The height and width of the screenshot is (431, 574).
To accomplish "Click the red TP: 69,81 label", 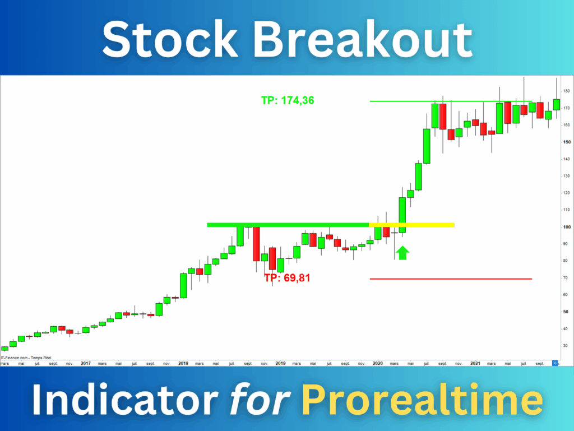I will point(287,277).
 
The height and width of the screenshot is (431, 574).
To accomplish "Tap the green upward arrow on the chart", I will point(402,253).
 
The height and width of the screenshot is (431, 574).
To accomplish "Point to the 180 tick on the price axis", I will point(566,91).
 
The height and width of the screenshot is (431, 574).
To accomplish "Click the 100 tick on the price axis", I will point(566,227).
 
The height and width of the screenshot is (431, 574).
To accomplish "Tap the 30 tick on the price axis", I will point(566,346).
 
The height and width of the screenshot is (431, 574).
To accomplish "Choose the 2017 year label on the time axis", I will point(86,363).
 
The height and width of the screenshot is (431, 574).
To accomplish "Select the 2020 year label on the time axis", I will point(378,363).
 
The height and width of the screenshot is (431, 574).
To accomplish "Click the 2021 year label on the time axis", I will point(475,363).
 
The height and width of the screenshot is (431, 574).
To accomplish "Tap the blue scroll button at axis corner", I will point(556,363).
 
